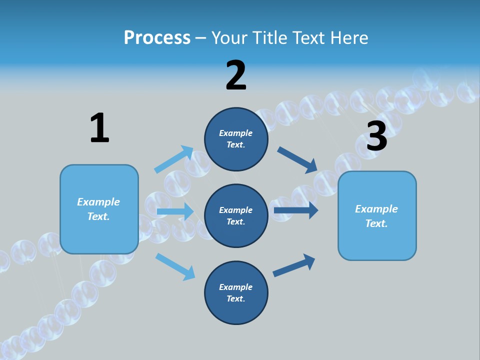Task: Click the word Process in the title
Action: coord(157,37)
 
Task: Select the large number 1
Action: coord(99,128)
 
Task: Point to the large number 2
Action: coord(236,75)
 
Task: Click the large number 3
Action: coord(376,136)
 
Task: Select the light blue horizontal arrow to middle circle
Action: coord(175,211)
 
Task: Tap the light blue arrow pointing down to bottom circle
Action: coord(175,266)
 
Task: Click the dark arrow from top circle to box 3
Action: coord(297,160)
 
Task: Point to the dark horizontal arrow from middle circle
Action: coord(295,210)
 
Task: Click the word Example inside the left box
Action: coord(98,202)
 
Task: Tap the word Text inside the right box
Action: coord(376,223)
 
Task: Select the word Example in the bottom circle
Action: coord(235,287)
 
